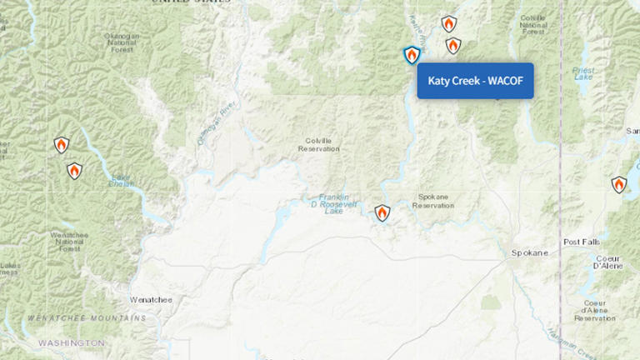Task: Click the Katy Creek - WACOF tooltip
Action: point(475,81)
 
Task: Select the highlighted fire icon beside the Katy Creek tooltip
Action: point(411,55)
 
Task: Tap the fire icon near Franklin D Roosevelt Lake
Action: point(382,213)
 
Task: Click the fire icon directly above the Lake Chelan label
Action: point(74,171)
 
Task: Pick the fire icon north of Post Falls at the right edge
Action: point(618,184)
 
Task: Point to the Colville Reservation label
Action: point(319,144)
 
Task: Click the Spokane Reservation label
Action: point(432,201)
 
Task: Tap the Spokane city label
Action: point(529,252)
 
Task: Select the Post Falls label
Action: point(581,242)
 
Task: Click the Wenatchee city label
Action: point(151,298)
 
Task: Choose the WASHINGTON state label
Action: point(72,342)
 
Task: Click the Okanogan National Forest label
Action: point(122,42)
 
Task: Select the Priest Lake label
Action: point(583,74)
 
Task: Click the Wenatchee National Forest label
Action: point(70,242)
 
